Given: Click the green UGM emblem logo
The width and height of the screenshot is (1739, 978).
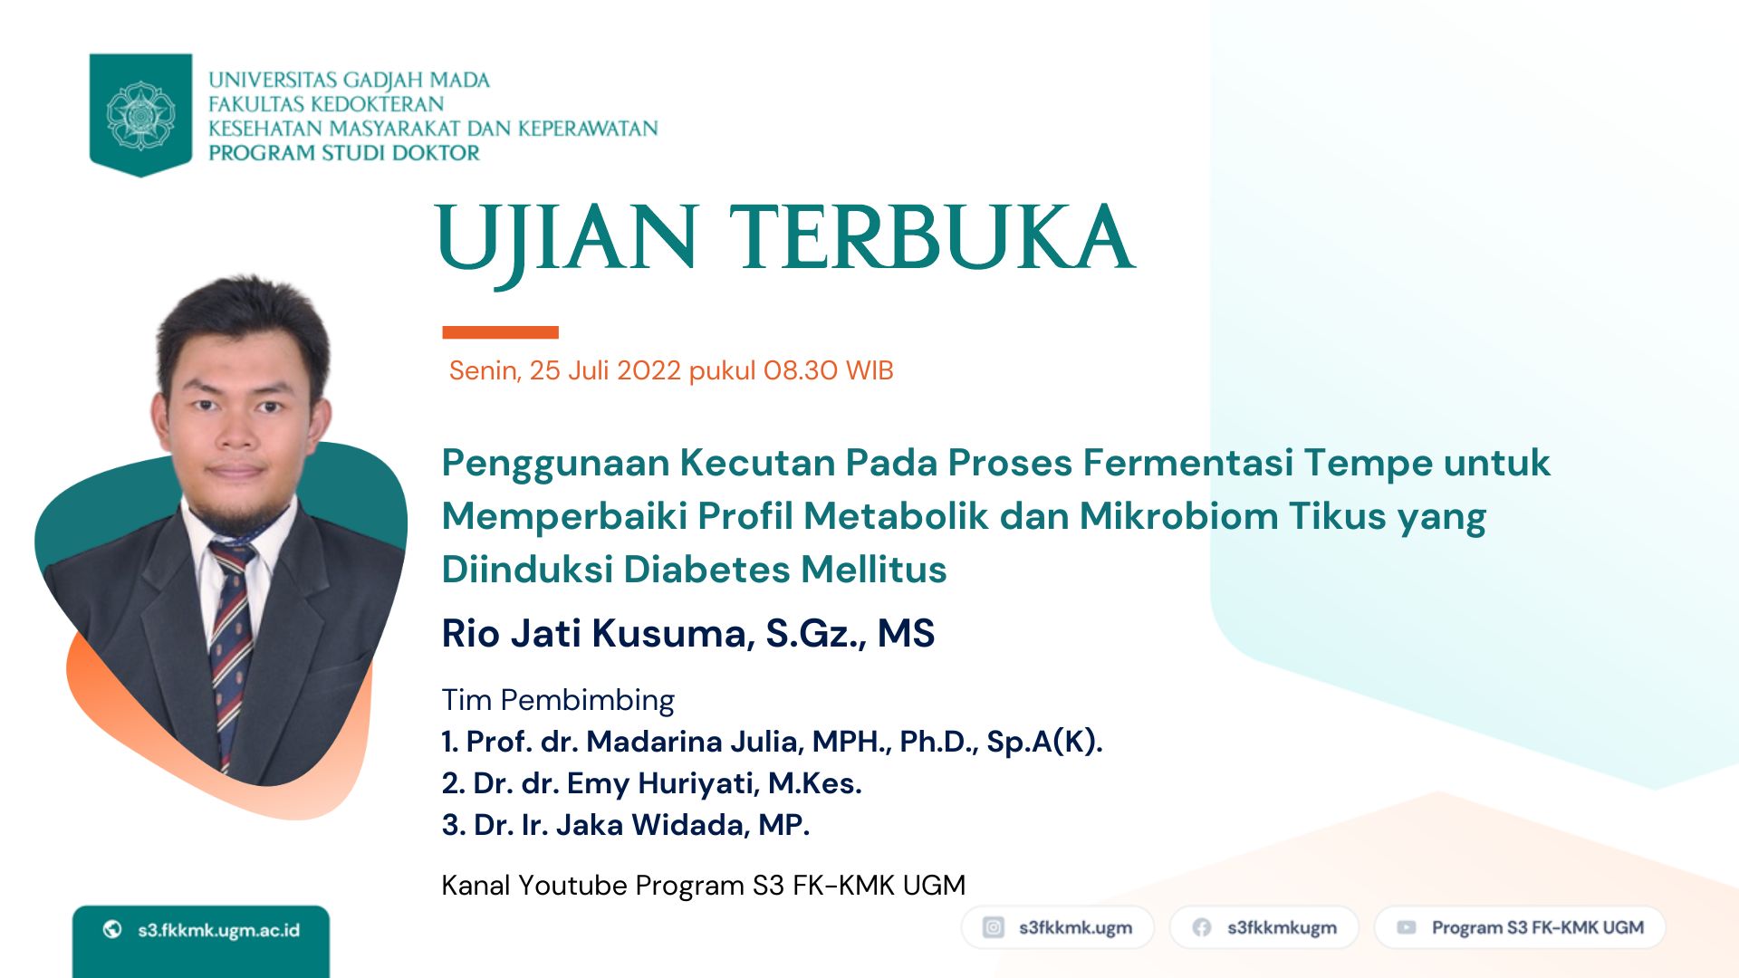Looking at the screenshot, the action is tap(140, 114).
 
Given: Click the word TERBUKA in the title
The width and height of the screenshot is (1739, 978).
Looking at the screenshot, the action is tap(932, 237).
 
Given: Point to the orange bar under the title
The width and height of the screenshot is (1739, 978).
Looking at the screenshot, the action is tap(500, 332).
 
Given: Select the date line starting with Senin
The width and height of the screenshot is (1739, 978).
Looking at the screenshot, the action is tap(671, 370).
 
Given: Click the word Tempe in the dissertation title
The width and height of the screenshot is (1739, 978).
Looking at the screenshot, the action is tap(1368, 464).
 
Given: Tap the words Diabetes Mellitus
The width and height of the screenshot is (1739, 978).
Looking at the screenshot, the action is tap(784, 570).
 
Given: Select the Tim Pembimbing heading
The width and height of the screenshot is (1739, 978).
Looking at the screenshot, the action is tap(558, 700).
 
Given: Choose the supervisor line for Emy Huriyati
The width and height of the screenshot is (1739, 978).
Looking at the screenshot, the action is tap(651, 783).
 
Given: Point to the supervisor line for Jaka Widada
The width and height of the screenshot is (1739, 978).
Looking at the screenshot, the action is tap(625, 825).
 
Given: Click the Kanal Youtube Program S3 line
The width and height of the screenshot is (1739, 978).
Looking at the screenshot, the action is tap(704, 885).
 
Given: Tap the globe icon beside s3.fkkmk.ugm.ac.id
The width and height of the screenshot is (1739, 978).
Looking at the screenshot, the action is tap(112, 929).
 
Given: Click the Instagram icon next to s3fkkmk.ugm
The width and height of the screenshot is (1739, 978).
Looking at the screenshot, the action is tap(994, 927).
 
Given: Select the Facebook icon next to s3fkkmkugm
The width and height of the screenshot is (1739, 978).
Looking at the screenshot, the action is tap(1202, 927).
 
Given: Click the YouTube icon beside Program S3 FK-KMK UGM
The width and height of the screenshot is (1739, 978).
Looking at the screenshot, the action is tap(1406, 927).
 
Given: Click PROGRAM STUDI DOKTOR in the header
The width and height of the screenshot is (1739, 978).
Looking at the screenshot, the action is tap(344, 153).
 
